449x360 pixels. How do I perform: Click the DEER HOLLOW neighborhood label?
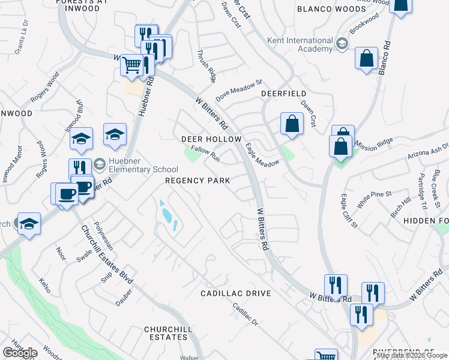[211, 139]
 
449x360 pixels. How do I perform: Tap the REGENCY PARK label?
[197, 181]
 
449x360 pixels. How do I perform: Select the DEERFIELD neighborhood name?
[283, 94]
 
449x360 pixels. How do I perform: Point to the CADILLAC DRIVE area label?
[235, 293]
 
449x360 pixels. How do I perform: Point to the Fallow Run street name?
[205, 155]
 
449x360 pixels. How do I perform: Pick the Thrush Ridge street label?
[204, 65]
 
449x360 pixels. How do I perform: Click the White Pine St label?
[373, 200]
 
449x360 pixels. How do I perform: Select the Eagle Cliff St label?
[349, 211]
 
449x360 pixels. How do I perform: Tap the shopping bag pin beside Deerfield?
[291, 124]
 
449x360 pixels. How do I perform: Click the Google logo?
[20, 353]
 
